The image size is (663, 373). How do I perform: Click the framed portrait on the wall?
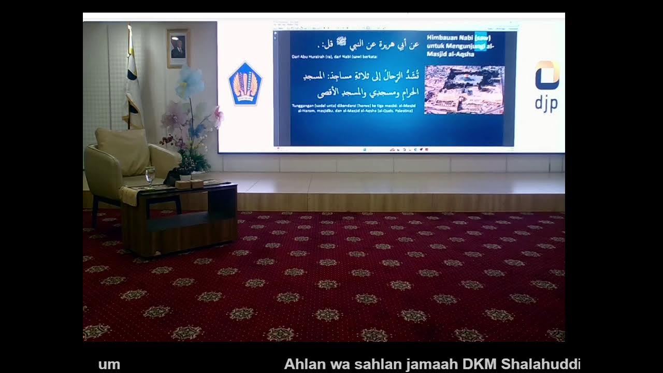pyautogui.click(x=178, y=48)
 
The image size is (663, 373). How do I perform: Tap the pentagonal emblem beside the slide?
pyautogui.click(x=245, y=83)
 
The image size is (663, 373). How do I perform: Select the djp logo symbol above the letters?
pyautogui.click(x=547, y=75)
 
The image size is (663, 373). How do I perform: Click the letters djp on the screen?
pyautogui.click(x=546, y=103)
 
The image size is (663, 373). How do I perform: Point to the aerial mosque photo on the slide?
pyautogui.click(x=464, y=90)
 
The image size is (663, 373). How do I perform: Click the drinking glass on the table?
pyautogui.click(x=150, y=175)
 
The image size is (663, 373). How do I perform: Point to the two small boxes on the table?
pyautogui.click(x=189, y=184)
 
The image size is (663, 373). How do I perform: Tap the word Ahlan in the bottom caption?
pyautogui.click(x=302, y=364)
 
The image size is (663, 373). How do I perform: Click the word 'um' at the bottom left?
pyautogui.click(x=109, y=364)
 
